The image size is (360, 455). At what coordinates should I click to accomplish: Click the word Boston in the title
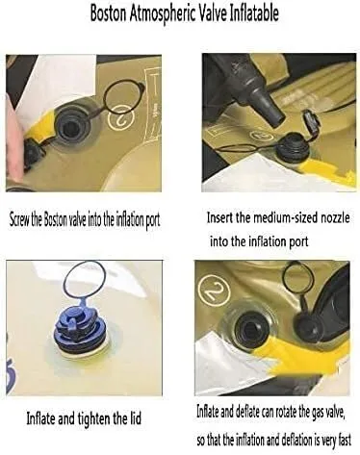click(x=108, y=13)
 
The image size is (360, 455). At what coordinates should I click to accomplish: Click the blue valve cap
click(x=77, y=325)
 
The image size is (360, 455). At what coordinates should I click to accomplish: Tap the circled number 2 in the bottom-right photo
click(x=215, y=290)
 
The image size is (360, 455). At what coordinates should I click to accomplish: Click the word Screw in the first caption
click(x=19, y=220)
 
